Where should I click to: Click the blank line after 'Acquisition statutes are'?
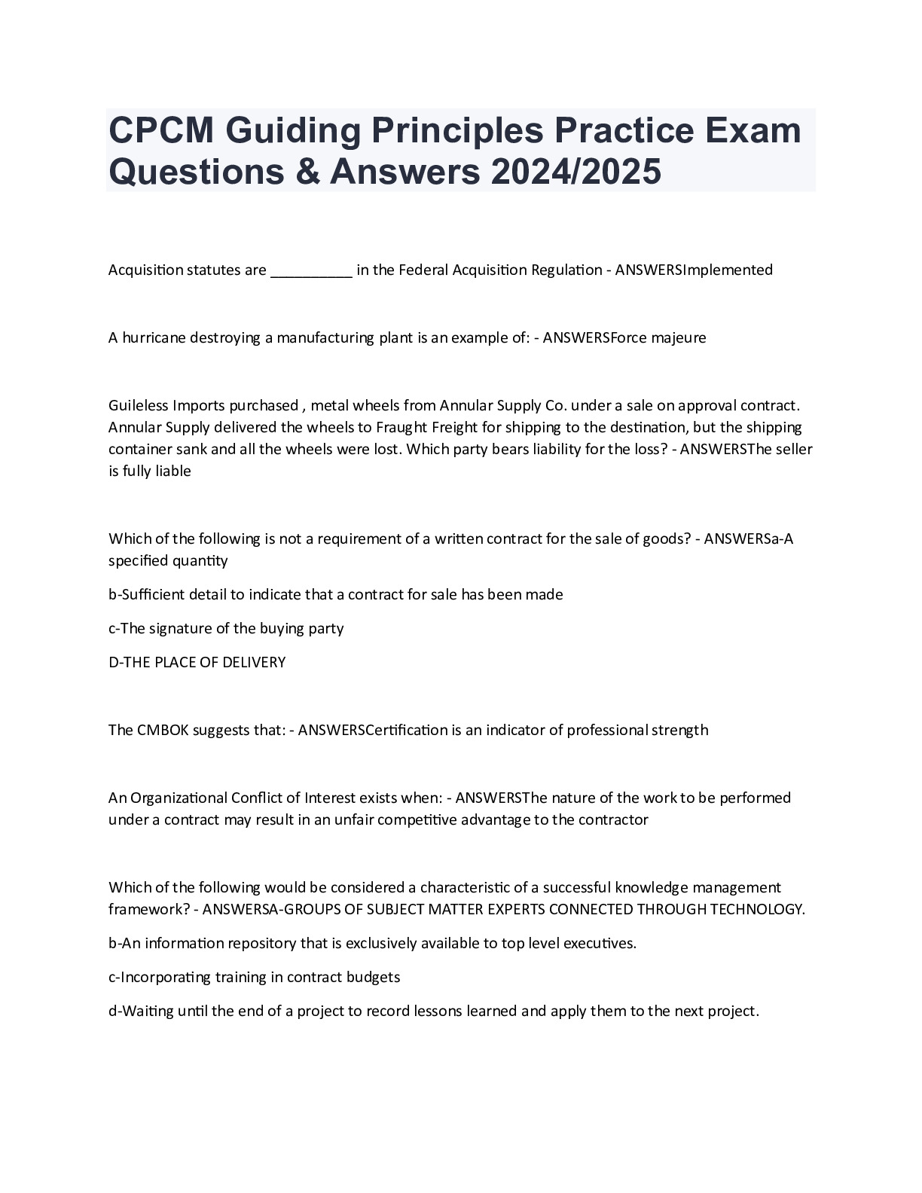tap(310, 270)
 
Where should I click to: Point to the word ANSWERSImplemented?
tap(694, 270)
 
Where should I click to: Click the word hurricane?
tap(154, 337)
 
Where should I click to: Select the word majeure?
tap(679, 337)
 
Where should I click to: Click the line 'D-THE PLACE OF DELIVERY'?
tap(197, 663)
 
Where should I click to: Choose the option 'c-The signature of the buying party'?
tap(226, 628)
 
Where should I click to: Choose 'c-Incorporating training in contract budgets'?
tap(254, 977)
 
